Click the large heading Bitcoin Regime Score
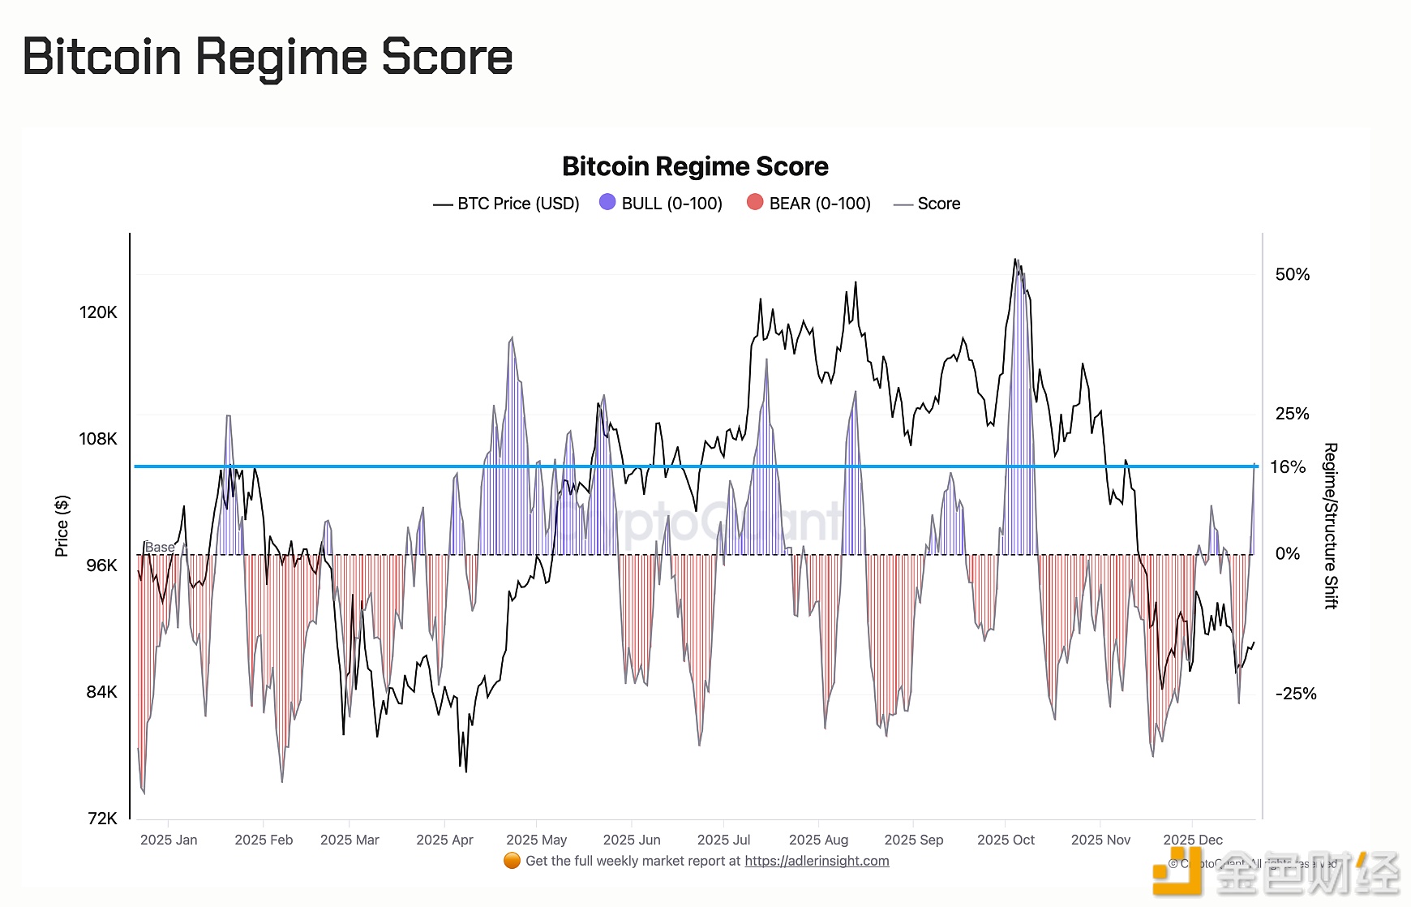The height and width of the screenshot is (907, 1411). click(x=268, y=57)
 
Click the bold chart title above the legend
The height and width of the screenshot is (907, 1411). click(x=695, y=166)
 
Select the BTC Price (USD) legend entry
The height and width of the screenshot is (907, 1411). click(x=507, y=204)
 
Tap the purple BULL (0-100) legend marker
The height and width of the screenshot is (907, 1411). click(x=607, y=202)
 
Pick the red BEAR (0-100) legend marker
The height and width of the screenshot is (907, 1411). click(x=755, y=202)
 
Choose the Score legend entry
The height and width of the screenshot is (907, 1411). click(x=927, y=204)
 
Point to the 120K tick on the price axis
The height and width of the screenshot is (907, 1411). click(x=98, y=312)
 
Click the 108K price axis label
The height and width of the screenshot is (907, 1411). click(x=98, y=439)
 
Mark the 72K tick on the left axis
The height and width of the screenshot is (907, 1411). click(x=102, y=819)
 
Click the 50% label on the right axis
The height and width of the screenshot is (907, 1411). click(x=1292, y=274)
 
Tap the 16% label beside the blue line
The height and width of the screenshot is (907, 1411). click(x=1288, y=466)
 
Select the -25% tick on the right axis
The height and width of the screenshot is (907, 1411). click(x=1295, y=694)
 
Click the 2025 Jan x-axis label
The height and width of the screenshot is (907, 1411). click(x=169, y=840)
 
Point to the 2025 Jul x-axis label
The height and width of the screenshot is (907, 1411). click(x=723, y=840)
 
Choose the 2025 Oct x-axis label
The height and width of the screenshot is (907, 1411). click(x=1006, y=840)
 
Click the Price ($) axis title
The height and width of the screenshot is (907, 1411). click(x=62, y=526)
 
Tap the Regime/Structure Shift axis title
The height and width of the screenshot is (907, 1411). click(x=1331, y=526)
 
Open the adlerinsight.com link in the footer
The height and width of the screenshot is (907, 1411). click(x=817, y=861)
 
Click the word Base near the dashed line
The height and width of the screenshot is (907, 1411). click(x=160, y=548)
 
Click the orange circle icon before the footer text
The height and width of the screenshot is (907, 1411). click(x=512, y=861)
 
